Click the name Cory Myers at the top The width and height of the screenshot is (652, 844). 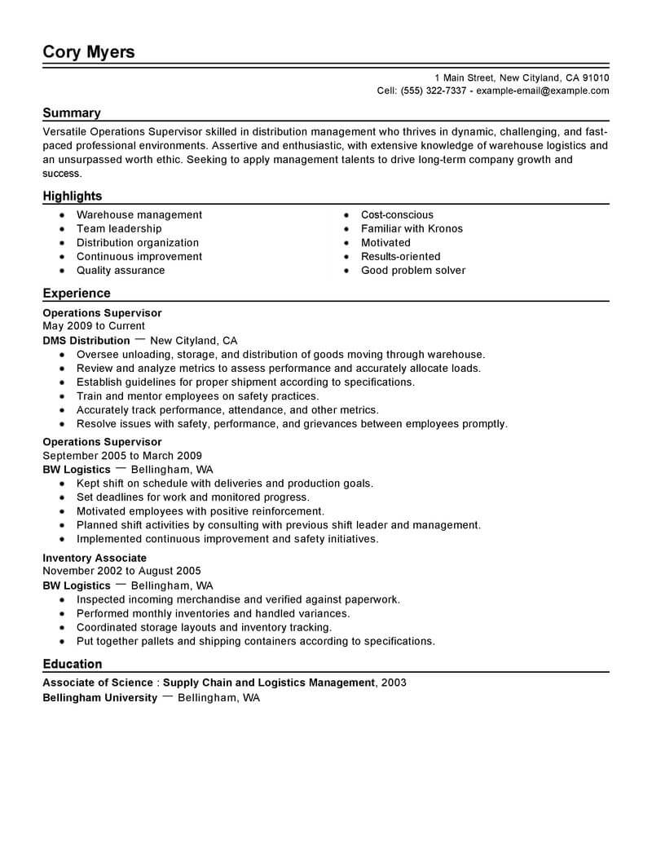tap(89, 52)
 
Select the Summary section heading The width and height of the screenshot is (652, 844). tap(72, 113)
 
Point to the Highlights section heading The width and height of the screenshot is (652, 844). tap(73, 196)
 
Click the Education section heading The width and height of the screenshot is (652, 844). tap(73, 664)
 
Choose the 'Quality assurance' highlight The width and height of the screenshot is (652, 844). tap(121, 271)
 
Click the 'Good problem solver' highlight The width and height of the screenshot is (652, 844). tap(413, 271)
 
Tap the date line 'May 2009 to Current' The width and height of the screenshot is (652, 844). tap(94, 326)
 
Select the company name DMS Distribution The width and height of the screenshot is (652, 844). tap(86, 341)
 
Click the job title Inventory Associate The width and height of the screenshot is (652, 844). tap(95, 558)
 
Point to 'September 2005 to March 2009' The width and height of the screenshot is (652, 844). tap(122, 456)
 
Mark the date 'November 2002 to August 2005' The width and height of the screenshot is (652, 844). tap(121, 572)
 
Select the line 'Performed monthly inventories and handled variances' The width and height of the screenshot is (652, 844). tap(213, 613)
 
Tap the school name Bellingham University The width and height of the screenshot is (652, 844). tap(99, 699)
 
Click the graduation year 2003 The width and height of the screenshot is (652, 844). tap(394, 683)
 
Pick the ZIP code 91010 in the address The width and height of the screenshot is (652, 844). tap(593, 77)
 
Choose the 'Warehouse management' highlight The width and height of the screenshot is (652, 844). tap(139, 215)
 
